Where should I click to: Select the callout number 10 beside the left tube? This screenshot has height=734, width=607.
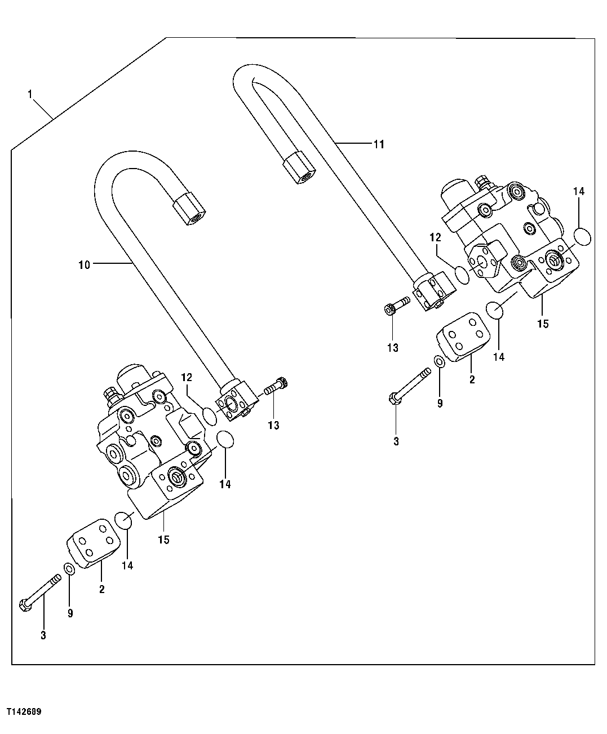point(84,264)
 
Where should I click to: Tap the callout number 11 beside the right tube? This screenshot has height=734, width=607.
point(378,144)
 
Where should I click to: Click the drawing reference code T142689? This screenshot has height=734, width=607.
point(24,712)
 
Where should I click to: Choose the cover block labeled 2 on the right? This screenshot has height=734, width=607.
point(464,339)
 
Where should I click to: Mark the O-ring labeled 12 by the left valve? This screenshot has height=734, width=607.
point(210,417)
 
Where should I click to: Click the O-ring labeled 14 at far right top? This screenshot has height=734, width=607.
point(583,236)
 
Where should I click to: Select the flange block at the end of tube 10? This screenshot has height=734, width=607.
point(237,400)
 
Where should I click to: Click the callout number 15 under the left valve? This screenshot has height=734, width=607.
point(163,540)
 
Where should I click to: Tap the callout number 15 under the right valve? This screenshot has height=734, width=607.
point(542,324)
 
